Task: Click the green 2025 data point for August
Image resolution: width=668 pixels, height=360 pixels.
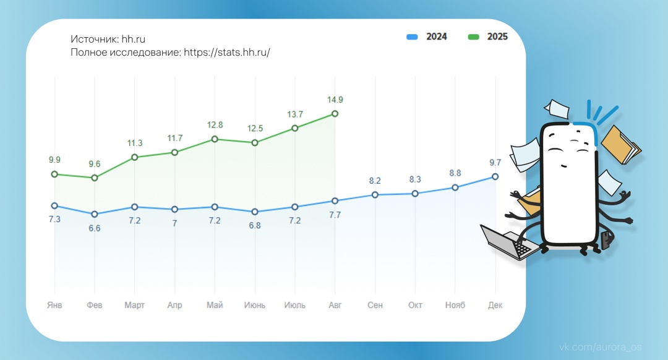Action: pos(335,113)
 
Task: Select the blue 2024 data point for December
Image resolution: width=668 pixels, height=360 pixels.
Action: pos(495,176)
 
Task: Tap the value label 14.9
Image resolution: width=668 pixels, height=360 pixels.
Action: pos(335,100)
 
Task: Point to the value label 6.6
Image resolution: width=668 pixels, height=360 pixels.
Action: pos(95,228)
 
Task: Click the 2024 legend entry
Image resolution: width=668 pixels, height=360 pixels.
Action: pos(427,37)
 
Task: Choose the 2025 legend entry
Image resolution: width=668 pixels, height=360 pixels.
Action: pos(488,37)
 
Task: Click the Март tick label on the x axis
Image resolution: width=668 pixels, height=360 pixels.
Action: pos(134,306)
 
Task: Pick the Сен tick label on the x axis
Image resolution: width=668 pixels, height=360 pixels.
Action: pos(375,306)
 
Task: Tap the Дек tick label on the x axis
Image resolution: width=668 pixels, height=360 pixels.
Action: pos(495,306)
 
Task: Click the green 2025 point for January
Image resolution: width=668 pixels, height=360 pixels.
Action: pos(54,174)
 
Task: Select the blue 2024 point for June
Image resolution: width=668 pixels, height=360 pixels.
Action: pos(255,212)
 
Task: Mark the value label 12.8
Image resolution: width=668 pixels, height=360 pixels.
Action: pos(215,126)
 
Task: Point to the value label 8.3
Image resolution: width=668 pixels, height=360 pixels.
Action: pos(415,179)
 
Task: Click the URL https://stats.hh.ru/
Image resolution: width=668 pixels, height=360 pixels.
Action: pos(227,53)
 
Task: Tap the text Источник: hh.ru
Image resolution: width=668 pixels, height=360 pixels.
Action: pos(108,40)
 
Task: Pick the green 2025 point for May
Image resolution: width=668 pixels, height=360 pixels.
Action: pos(215,139)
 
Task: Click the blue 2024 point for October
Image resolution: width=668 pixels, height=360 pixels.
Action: pos(415,193)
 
